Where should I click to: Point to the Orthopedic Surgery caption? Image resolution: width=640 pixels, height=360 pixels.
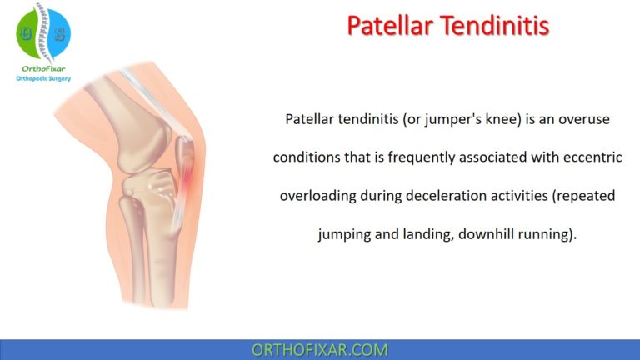[x=43, y=78]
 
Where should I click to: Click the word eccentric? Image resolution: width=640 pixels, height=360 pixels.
[x=583, y=157]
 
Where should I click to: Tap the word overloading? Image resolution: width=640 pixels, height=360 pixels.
[x=320, y=196]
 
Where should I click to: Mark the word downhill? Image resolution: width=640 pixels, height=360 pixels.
[x=469, y=234]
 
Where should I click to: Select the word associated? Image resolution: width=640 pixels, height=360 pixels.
[x=487, y=157]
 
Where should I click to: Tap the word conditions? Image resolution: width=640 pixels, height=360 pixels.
[x=307, y=157]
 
